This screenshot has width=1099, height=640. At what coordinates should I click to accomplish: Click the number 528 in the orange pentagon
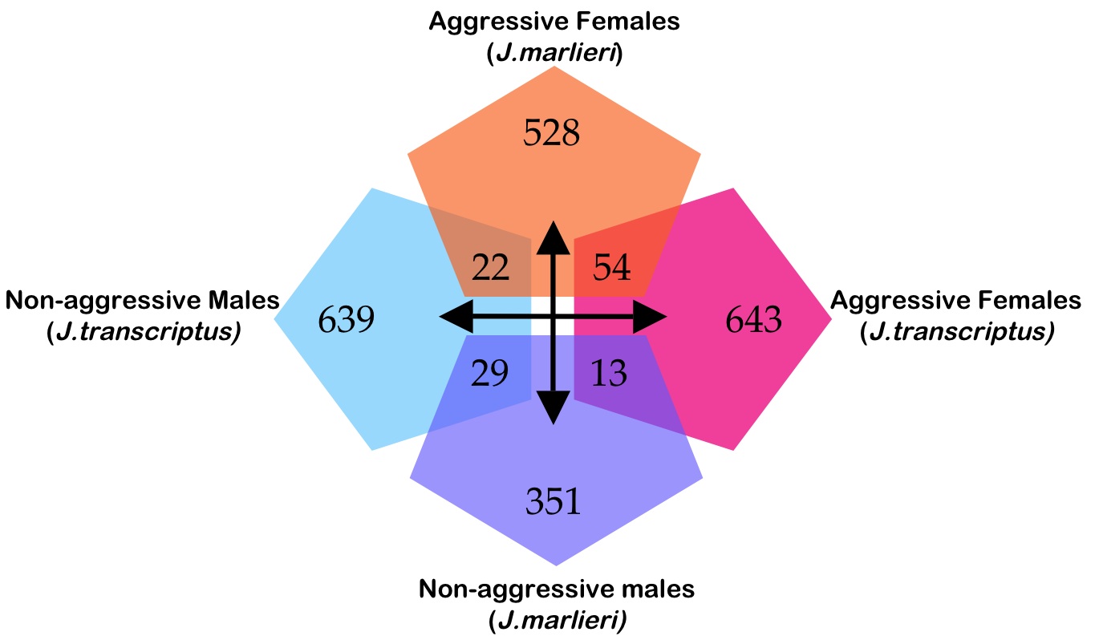[551, 132]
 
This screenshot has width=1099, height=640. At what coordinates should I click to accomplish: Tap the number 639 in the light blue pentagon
[347, 320]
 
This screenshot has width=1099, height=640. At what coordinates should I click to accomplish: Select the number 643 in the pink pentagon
[753, 320]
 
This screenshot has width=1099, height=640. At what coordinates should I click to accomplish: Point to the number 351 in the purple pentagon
[554, 501]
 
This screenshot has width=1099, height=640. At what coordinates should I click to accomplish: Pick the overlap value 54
[612, 267]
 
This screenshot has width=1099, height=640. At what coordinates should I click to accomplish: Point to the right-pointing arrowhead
[651, 319]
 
